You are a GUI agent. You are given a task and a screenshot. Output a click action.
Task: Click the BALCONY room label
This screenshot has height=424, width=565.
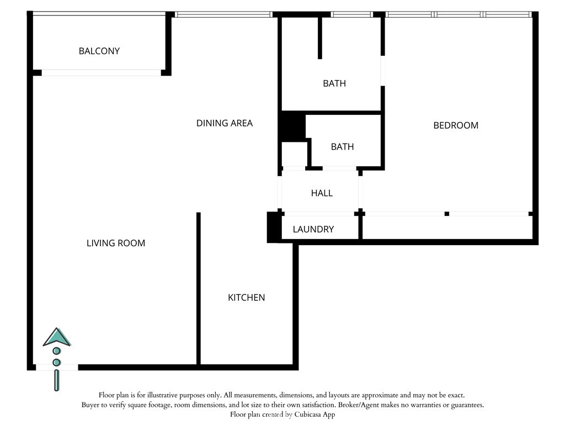[99, 51]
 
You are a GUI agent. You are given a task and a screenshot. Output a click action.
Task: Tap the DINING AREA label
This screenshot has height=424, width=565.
[225, 123]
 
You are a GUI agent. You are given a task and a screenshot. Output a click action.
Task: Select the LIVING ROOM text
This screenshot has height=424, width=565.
[116, 243]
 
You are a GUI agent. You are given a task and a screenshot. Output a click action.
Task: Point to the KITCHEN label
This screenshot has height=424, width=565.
[247, 298]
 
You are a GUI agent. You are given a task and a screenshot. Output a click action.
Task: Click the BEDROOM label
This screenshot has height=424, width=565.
[456, 125]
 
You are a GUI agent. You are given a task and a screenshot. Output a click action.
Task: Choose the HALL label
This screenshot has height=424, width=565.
[322, 193]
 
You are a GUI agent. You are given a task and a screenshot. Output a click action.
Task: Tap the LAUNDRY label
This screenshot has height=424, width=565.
[313, 229]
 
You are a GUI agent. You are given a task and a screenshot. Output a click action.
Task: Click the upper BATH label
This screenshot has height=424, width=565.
[334, 83]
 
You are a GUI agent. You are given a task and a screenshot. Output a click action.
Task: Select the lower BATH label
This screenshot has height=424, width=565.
[342, 147]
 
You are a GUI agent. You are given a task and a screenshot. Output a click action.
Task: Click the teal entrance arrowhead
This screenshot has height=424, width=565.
[57, 337]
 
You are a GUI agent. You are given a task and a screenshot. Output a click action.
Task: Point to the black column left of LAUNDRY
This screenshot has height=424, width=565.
[274, 227]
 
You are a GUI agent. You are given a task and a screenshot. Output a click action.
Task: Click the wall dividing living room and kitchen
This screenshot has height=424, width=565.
[198, 288]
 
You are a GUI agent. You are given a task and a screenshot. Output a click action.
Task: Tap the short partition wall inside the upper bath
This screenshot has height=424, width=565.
[319, 38]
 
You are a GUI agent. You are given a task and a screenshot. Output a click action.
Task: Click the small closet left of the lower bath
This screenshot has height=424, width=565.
[294, 154]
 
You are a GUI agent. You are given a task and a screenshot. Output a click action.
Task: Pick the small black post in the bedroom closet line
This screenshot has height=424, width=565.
[447, 214]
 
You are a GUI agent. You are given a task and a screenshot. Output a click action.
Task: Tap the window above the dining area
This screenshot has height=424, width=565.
[224, 14]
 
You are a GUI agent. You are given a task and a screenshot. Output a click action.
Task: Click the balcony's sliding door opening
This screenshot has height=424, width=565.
[102, 73]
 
